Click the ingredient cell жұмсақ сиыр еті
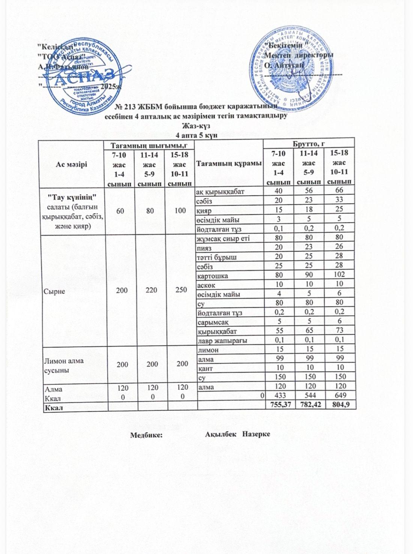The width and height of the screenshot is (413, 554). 223,237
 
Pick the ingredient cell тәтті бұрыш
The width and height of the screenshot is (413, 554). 216,257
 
